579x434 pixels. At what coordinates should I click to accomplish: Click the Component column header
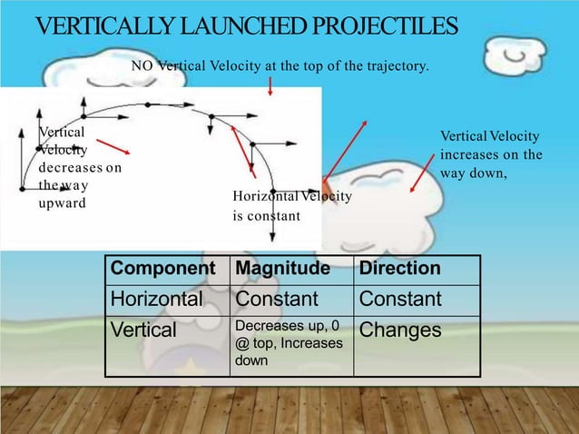click(162, 269)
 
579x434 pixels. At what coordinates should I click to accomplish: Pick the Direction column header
click(400, 269)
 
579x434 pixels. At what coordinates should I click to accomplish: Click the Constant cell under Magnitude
click(277, 299)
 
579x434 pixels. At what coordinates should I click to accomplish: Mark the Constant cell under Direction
click(400, 299)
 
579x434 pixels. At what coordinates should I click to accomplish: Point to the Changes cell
click(401, 330)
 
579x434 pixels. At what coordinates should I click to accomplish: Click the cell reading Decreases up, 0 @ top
click(289, 341)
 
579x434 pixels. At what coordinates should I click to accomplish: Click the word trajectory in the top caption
click(394, 66)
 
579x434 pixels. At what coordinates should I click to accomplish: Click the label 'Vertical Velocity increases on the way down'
click(490, 154)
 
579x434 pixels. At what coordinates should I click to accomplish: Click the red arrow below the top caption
click(270, 86)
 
